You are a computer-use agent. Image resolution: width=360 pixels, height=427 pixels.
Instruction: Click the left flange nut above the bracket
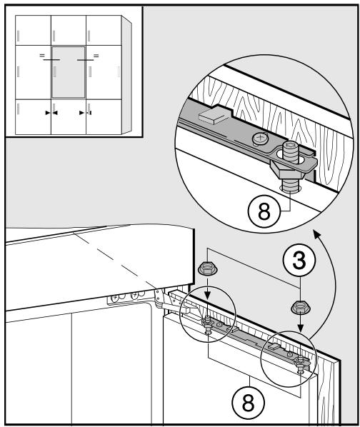pos(206,271)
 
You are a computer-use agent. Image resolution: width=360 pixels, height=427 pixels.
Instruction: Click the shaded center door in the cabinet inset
pos(69,72)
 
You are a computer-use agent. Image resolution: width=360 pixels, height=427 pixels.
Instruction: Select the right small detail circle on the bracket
pos(289,356)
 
